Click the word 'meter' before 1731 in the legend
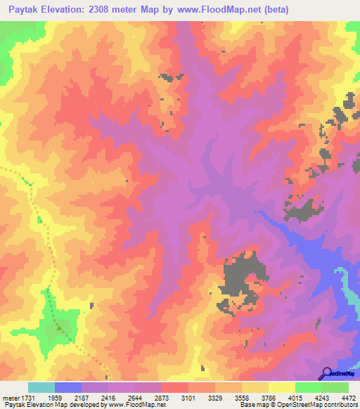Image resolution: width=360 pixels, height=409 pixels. click(x=11, y=397)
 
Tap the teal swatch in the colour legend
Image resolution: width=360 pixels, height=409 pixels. click(x=41, y=387)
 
